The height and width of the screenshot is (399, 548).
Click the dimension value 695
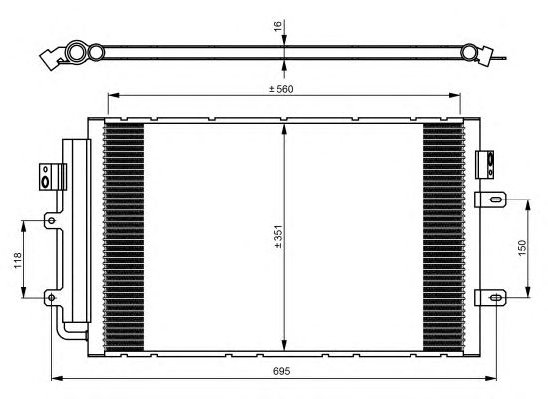coord(281,371)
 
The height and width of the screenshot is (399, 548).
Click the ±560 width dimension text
coord(281,89)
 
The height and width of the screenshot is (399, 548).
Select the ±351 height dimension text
coord(278,237)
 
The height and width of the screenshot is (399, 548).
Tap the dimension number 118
coord(18,260)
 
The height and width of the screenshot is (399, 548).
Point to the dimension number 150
coord(522,248)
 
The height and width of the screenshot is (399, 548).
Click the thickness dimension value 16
coord(278,26)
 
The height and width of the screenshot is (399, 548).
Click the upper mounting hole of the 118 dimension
coord(52,220)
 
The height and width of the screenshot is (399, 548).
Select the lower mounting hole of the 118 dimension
coord(52,298)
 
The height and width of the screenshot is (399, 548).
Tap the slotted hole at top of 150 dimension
coord(496,199)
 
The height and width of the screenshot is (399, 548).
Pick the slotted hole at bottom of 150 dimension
coord(496,298)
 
